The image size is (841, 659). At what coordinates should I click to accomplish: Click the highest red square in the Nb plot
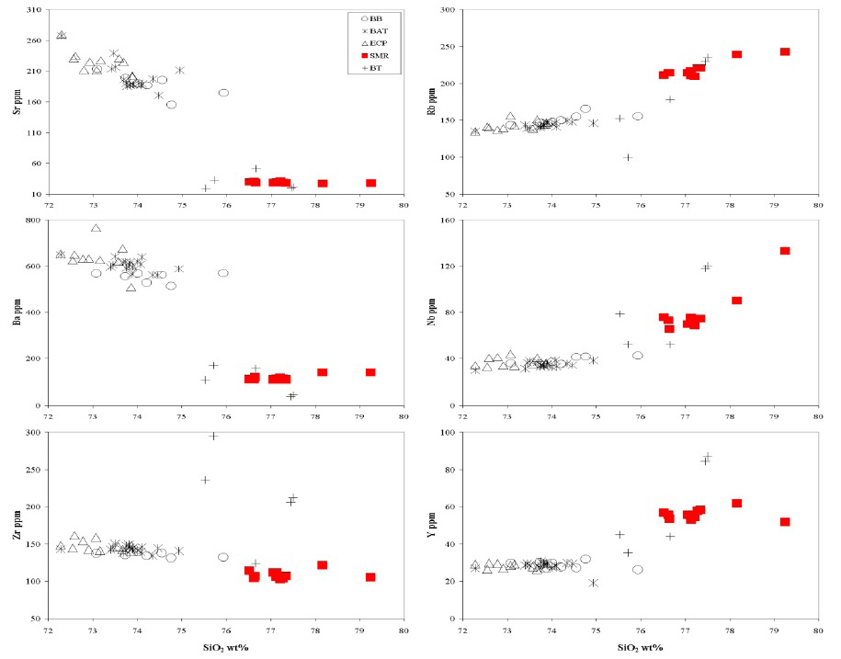[x=785, y=251]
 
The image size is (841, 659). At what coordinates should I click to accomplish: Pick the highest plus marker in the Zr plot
[x=213, y=436]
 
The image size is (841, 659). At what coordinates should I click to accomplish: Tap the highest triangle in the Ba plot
[x=96, y=228]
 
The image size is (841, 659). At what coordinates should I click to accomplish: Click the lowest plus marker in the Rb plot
[x=628, y=157]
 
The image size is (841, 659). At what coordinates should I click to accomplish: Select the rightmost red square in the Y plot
[x=785, y=522]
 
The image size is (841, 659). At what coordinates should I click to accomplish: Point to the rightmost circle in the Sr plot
[x=223, y=93]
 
